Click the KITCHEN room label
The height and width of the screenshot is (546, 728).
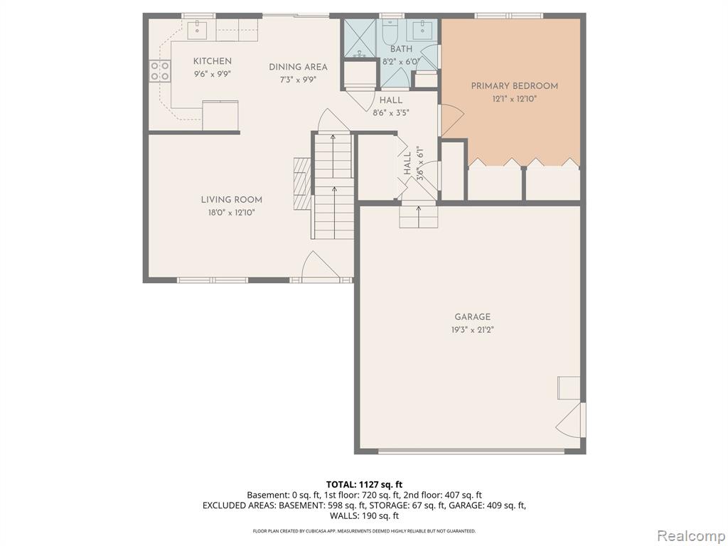tap(212, 61)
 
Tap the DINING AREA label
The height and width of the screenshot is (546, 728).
tap(298, 68)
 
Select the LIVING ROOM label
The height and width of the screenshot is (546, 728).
tap(231, 200)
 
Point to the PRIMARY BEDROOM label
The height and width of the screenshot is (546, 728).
tap(515, 86)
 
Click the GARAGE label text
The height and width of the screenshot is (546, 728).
tap(472, 317)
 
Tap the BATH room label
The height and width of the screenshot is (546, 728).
tap(401, 49)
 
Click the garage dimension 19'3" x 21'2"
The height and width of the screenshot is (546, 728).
tap(472, 330)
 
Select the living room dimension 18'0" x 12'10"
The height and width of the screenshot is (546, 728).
tap(231, 213)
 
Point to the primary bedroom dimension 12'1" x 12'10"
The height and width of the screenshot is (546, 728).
tap(515, 99)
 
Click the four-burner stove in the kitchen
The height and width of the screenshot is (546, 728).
tap(159, 72)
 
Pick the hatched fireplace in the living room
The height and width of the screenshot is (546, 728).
tap(301, 183)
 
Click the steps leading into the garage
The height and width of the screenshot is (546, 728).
tap(418, 217)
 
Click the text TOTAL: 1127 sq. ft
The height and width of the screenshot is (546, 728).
tap(364, 485)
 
